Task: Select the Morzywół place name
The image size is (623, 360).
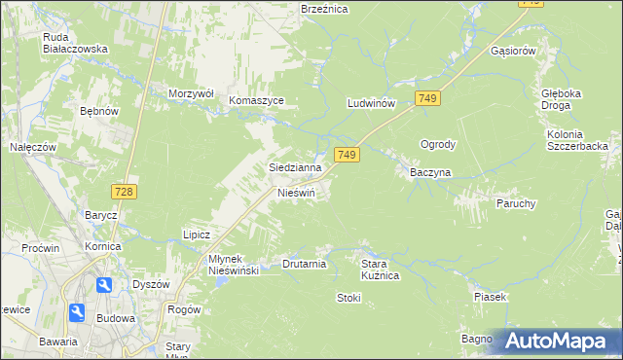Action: [191, 93]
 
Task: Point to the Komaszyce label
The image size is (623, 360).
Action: [256, 100]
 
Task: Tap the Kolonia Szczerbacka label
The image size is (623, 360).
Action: [577, 139]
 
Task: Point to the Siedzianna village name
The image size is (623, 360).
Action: [295, 167]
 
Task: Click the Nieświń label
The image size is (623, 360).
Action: [297, 193]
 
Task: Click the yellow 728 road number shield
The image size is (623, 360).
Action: [123, 192]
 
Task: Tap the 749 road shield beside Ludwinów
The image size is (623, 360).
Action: [427, 98]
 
